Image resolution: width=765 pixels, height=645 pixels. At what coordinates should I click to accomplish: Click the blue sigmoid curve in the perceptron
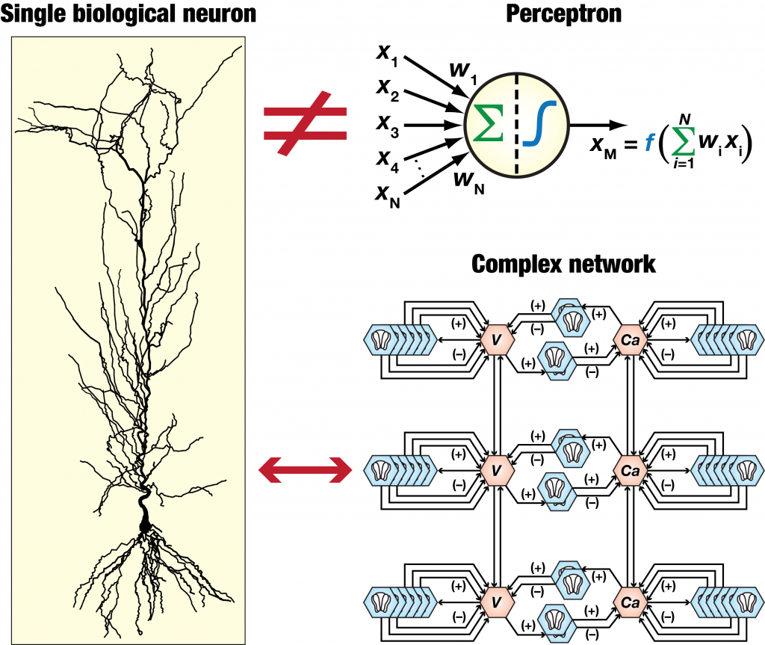(x=535, y=124)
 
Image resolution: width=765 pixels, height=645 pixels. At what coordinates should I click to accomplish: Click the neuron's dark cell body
(x=144, y=518)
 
